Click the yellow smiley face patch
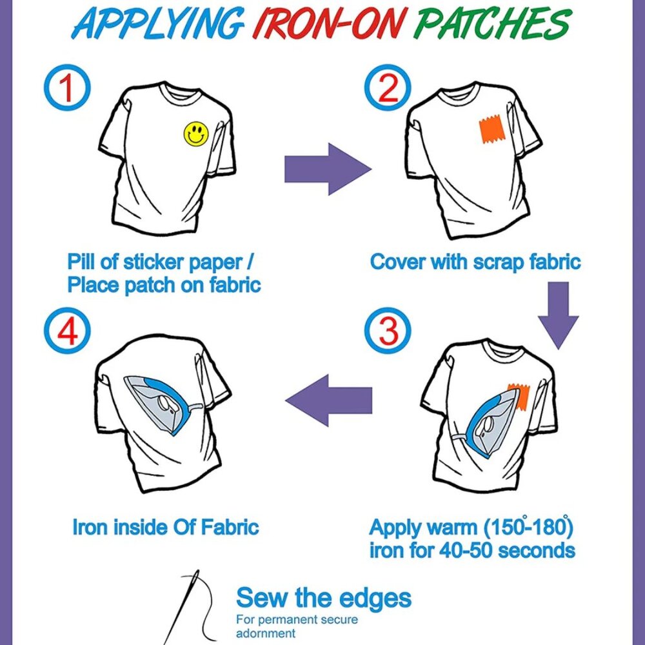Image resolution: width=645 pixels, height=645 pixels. (196, 134)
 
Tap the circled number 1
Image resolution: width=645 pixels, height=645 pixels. (68, 88)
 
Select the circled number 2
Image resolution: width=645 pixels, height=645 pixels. (388, 88)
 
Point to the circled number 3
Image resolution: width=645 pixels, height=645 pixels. (388, 330)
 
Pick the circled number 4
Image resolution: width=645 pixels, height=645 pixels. (68, 330)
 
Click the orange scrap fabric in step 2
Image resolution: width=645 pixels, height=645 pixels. (491, 130)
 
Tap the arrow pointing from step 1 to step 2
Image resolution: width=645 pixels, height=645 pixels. (328, 169)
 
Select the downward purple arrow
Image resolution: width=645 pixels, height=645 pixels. (558, 315)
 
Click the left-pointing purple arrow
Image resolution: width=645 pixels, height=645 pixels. (329, 401)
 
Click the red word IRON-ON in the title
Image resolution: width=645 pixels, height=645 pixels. (328, 23)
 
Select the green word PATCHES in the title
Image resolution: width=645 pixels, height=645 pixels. (492, 23)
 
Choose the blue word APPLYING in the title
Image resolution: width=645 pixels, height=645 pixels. (159, 23)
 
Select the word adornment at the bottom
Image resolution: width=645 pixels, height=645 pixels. (266, 633)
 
